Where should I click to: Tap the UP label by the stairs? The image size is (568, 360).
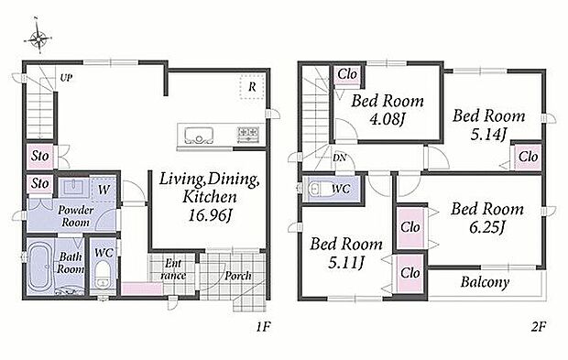(x=66, y=78)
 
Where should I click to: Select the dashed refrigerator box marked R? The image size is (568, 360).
(x=252, y=86)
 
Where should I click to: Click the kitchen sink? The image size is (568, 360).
(x=198, y=136)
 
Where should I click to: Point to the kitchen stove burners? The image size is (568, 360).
(x=248, y=135)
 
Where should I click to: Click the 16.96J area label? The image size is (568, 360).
(x=210, y=215)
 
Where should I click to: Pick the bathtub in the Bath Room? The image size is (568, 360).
(x=40, y=267)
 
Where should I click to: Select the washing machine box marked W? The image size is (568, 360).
(x=104, y=189)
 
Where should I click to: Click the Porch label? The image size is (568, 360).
(x=237, y=276)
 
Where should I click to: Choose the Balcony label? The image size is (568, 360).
(x=485, y=282)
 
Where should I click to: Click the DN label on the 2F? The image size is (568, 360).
(x=339, y=158)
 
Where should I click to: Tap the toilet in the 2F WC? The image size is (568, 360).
(x=318, y=189)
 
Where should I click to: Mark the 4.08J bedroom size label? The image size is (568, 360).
(x=387, y=118)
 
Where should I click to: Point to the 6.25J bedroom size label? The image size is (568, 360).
(x=486, y=227)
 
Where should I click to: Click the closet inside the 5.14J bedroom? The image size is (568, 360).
(x=528, y=157)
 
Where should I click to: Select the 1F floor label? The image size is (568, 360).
(x=263, y=327)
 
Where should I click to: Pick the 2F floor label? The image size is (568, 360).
(x=538, y=327)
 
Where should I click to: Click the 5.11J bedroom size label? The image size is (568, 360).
(x=345, y=263)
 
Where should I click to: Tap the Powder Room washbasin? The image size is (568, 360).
(x=73, y=188)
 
